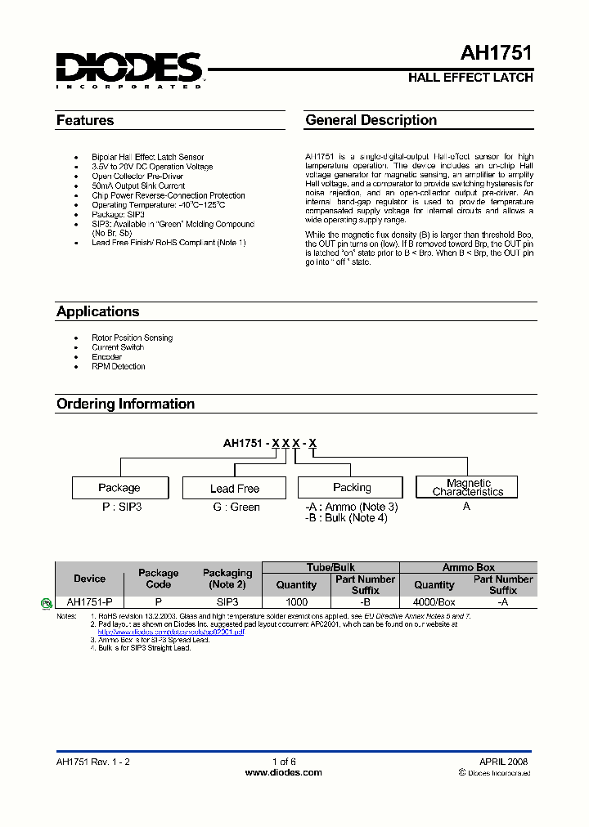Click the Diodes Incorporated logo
129,69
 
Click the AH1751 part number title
496,54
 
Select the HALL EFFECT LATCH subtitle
470,78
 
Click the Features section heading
85,121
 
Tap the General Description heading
371,120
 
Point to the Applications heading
97,311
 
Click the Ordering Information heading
125,404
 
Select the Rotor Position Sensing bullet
132,338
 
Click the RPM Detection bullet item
119,366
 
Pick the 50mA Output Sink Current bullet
138,186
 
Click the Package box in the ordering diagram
119,488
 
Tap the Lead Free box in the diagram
234,489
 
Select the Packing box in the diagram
352,488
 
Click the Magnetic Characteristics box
468,488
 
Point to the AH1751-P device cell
89,601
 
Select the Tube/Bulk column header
330,567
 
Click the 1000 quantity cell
296,601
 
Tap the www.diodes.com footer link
283,772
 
